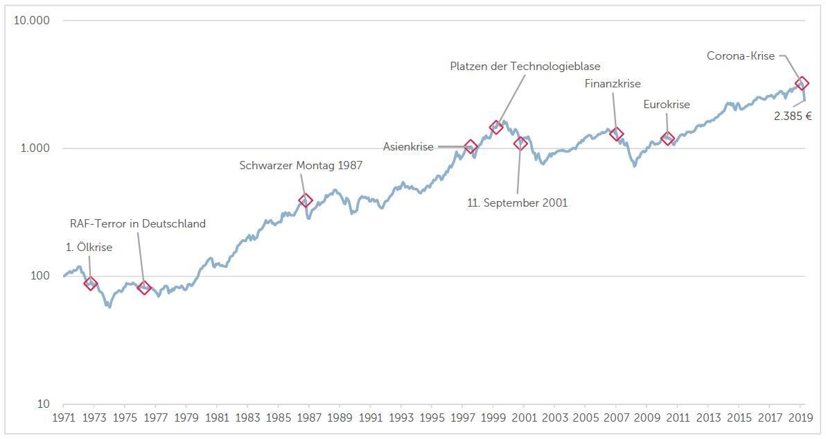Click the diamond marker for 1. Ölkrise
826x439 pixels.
click(x=91, y=284)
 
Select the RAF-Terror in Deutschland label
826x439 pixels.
click(x=138, y=224)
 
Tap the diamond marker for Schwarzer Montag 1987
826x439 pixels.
click(x=306, y=200)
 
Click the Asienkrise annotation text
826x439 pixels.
click(x=408, y=147)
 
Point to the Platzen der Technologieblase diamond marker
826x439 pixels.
click(x=495, y=126)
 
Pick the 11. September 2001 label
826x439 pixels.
click(x=518, y=203)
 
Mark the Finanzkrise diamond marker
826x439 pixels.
click(x=616, y=134)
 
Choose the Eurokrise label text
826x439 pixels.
click(x=667, y=104)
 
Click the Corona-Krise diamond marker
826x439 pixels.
click(x=802, y=83)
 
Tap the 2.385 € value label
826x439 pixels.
click(x=792, y=116)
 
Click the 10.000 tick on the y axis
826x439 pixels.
click(x=32, y=21)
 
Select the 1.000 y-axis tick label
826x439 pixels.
click(x=35, y=148)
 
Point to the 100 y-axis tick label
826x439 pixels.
click(x=39, y=275)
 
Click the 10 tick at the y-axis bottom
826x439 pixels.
click(x=43, y=404)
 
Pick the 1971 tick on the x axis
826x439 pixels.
click(x=63, y=418)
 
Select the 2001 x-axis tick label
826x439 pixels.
click(x=524, y=418)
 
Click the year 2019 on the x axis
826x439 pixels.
click(x=800, y=418)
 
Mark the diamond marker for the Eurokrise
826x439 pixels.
click(x=667, y=139)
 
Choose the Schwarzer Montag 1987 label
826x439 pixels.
click(x=301, y=166)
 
